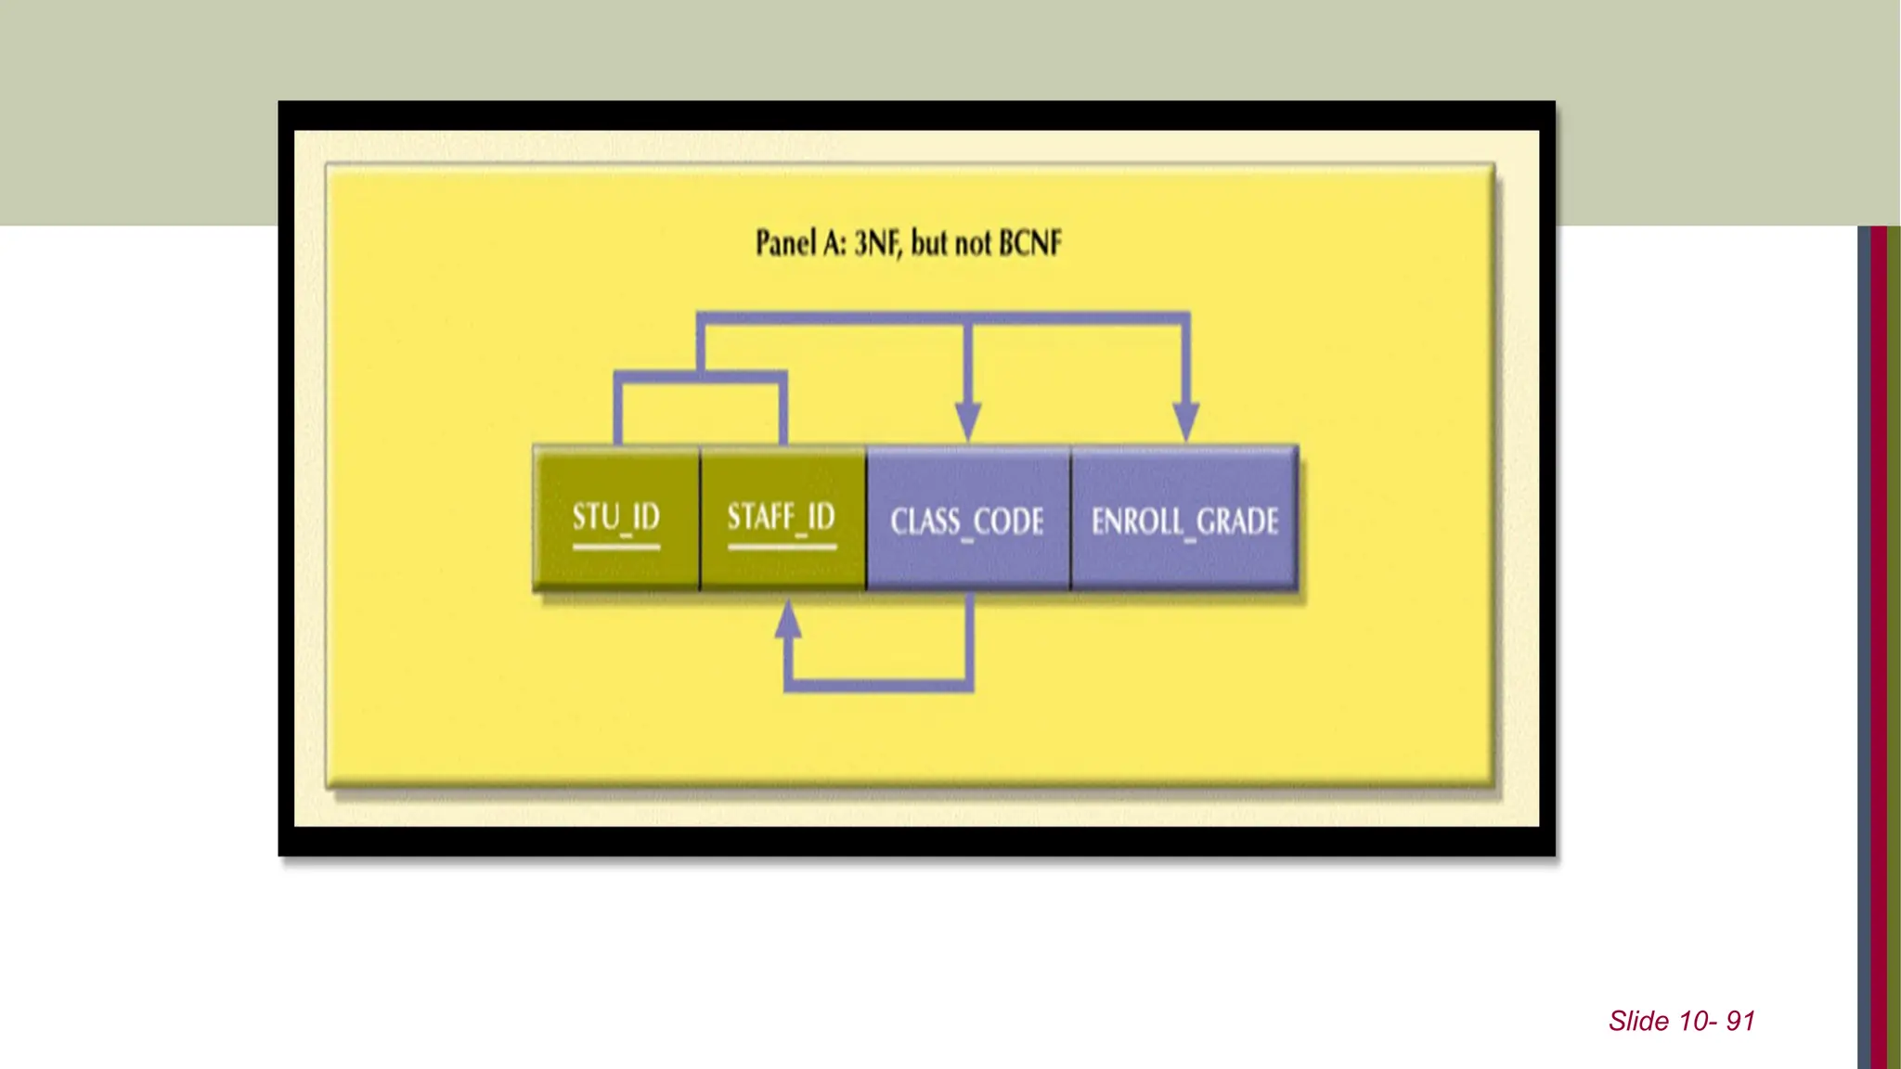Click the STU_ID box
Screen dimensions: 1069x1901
click(616, 518)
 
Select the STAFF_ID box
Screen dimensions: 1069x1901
click(782, 518)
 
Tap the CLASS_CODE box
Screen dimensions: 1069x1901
click(967, 520)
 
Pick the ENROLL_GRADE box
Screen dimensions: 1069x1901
click(1184, 520)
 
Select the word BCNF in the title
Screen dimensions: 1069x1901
click(1030, 243)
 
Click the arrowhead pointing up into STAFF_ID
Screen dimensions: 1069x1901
click(788, 620)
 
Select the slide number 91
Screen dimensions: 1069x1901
click(1740, 1021)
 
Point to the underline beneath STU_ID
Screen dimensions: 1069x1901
click(616, 547)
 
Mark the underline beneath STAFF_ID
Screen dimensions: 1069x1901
click(782, 547)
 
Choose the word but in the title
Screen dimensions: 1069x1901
click(929, 243)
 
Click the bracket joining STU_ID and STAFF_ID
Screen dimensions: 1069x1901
click(700, 377)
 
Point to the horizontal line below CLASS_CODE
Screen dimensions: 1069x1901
click(878, 686)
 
